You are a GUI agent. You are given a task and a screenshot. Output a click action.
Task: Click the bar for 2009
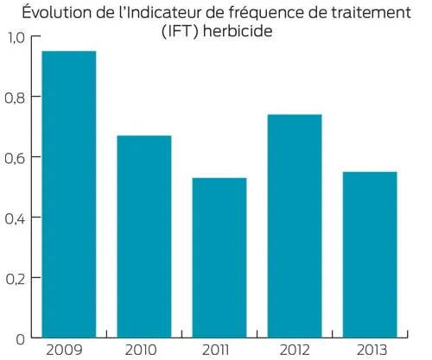[x=69, y=193]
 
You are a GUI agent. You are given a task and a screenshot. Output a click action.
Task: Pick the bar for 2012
[x=295, y=225]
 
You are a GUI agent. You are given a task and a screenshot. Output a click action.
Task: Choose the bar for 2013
[x=370, y=254]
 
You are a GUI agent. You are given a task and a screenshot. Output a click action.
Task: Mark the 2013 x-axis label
[x=370, y=350]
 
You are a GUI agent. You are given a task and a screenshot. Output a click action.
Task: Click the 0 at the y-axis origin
[x=22, y=338]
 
